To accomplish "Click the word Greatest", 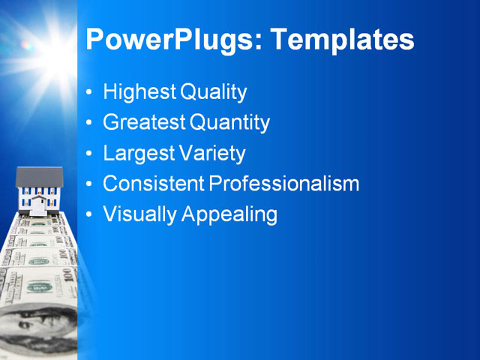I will coord(144,122).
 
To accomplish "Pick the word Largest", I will coord(139,153).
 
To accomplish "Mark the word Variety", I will coord(212,153).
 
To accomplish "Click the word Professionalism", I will coord(283,183).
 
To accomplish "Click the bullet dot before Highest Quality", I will coord(90,93).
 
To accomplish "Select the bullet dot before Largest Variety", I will coord(90,154).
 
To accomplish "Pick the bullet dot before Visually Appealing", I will coord(90,214).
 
